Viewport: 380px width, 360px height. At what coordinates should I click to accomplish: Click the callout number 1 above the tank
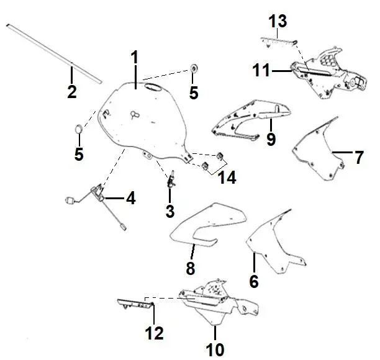(x=135, y=57)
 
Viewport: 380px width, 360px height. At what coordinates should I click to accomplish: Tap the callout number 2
(x=72, y=92)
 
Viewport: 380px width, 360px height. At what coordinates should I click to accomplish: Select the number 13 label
(x=278, y=21)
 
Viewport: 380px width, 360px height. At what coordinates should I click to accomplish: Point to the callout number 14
(x=227, y=177)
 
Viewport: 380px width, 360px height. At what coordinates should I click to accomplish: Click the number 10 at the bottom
(x=215, y=349)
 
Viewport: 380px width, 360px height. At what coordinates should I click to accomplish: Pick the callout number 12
(x=155, y=333)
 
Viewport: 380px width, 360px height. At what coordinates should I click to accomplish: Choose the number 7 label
(x=359, y=157)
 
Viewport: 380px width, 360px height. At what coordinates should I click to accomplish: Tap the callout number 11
(x=261, y=70)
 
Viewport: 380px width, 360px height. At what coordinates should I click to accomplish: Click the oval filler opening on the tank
(x=153, y=88)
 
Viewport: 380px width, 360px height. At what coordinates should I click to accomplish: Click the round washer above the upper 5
(x=194, y=68)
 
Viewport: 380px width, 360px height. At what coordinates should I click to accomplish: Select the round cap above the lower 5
(x=79, y=128)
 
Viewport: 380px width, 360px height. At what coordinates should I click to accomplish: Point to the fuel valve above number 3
(x=171, y=180)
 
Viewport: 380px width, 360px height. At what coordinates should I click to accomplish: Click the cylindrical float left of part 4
(x=70, y=200)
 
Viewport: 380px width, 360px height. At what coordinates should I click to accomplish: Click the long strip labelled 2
(x=54, y=53)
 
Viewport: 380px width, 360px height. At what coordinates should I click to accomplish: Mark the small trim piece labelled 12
(x=136, y=304)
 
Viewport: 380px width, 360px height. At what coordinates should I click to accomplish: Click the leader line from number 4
(x=114, y=198)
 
